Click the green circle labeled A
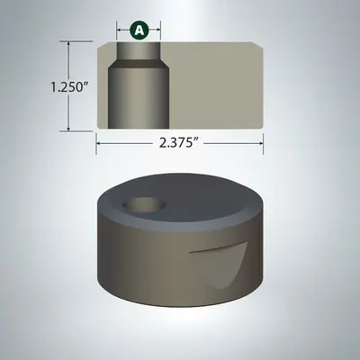coord(139,30)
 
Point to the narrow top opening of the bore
coord(139,49)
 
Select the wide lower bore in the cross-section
coord(137,99)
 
